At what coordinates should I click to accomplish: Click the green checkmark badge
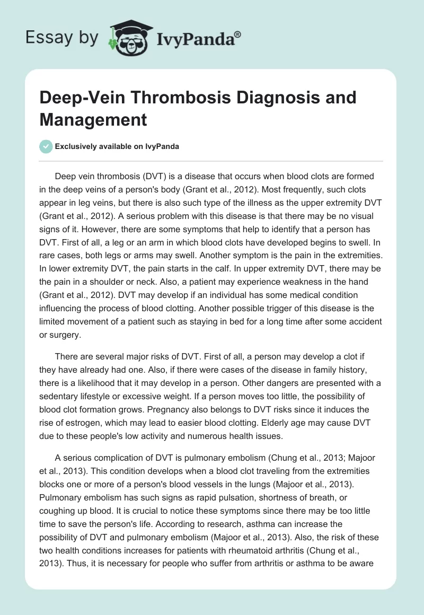coord(46,146)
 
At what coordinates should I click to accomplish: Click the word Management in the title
coord(94,120)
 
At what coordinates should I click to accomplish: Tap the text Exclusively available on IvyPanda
coord(117,147)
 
